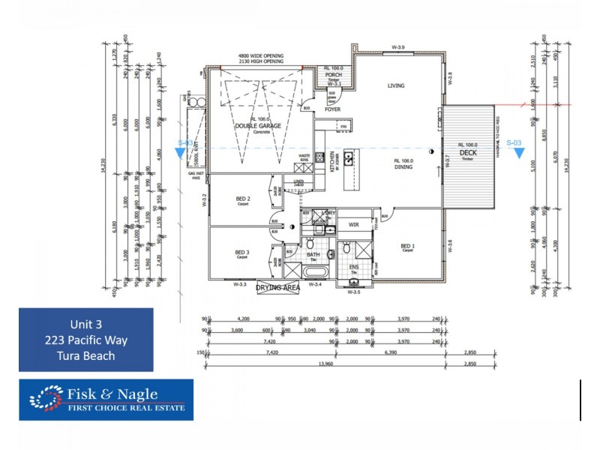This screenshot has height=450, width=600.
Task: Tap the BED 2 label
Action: tap(242, 199)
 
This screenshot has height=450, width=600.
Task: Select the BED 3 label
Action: tap(241, 253)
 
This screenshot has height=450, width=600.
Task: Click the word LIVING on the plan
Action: tap(395, 85)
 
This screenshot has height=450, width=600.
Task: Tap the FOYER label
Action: tap(332, 109)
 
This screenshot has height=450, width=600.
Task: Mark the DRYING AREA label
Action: tap(278, 287)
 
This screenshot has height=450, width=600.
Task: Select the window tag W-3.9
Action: tap(398, 47)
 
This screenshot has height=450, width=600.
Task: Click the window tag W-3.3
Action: tap(240, 284)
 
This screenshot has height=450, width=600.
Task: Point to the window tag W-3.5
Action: tap(355, 292)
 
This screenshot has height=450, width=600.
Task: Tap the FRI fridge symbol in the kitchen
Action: tap(343, 127)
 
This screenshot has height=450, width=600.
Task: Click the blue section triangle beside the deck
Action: tap(519, 154)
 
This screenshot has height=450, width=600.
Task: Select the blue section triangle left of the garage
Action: tap(180, 154)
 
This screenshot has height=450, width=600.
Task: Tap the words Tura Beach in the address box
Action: tap(85, 355)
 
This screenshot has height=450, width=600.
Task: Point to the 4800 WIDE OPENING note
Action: tap(262, 56)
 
